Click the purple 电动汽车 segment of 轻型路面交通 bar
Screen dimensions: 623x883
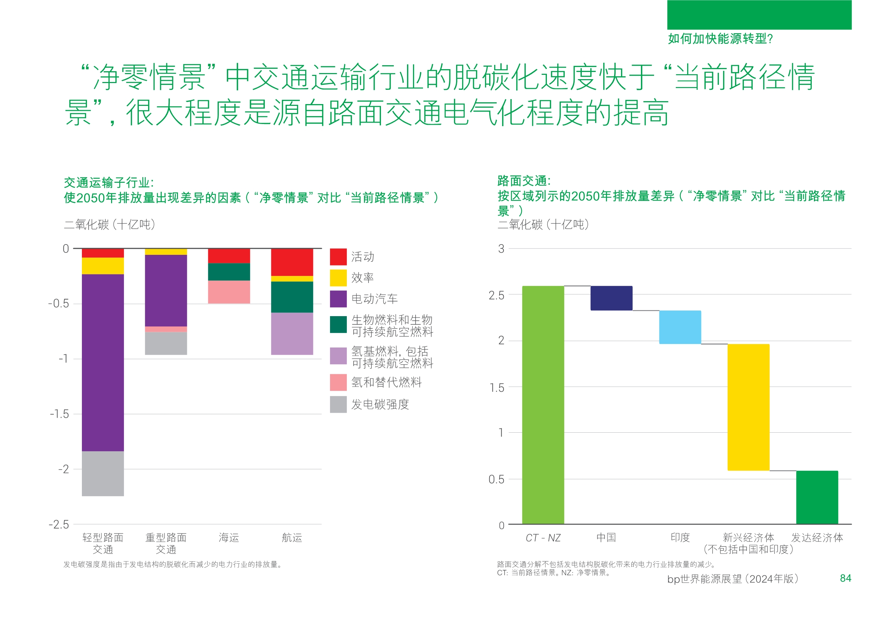[103, 362]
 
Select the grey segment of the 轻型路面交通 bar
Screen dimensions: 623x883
[103, 473]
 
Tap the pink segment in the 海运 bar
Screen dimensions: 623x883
[229, 292]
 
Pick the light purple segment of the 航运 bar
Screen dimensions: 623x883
[292, 334]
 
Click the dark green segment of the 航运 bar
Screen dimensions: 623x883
[292, 297]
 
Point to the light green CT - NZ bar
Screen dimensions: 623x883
[543, 404]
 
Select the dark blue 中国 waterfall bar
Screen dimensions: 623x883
[611, 298]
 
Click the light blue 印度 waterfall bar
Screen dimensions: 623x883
[680, 327]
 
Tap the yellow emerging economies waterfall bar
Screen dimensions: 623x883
[748, 407]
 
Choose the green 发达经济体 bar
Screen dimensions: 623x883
[817, 497]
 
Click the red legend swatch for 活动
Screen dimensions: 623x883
[338, 257]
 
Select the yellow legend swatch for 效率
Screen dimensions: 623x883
[338, 278]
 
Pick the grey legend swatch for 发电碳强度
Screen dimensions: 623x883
[338, 404]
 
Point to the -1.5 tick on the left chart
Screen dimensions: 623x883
[59, 414]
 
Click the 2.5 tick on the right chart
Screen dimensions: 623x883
[496, 295]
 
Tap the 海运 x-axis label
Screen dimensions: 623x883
[229, 537]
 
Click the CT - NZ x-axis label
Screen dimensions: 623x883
[543, 537]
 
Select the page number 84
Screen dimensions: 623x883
[845, 578]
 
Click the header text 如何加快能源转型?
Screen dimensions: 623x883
[720, 38]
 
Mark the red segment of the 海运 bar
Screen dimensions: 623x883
[229, 256]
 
